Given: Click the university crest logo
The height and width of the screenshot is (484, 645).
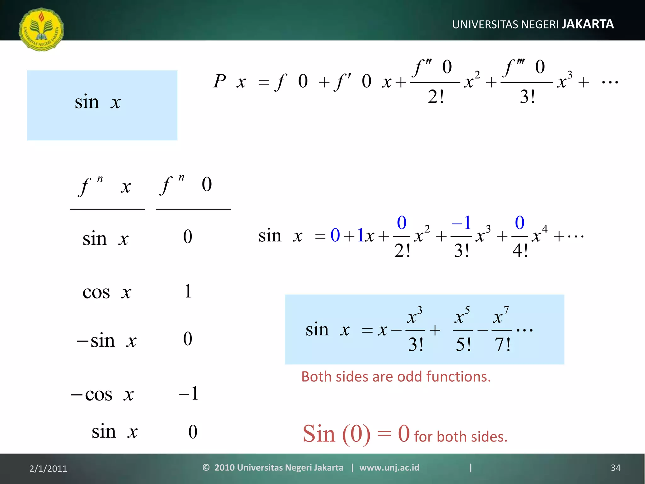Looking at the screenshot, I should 41,29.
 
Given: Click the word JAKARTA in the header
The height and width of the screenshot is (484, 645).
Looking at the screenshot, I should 588,24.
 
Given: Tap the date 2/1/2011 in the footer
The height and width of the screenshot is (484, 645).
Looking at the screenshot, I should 48,469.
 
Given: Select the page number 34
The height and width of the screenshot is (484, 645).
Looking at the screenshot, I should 615,468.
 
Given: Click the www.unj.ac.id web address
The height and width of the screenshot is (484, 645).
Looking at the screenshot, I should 389,467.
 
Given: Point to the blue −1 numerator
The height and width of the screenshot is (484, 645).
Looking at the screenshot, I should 461,223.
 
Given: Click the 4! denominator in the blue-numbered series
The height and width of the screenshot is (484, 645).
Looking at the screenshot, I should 520,251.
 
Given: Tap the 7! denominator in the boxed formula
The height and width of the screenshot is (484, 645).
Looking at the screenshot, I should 502,344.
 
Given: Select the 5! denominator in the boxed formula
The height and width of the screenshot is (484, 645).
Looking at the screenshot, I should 463,344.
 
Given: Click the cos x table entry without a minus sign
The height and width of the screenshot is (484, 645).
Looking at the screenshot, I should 106,292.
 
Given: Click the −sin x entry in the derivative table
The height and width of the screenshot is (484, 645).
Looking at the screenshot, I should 106,341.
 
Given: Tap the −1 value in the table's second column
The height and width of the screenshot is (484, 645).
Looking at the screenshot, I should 189,393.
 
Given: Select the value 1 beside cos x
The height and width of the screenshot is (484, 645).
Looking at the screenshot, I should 188,291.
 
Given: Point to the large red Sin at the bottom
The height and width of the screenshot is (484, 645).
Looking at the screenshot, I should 319,434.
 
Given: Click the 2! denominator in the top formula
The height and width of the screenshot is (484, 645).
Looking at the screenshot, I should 436,96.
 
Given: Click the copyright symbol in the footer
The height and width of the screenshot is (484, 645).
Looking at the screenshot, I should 206,467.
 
